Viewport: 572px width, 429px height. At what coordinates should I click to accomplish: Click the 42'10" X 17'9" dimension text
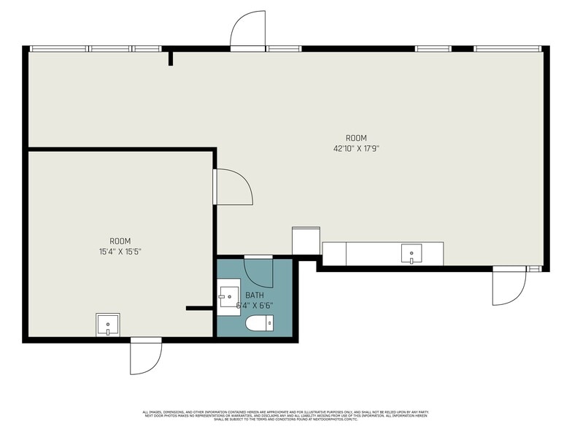[356, 148]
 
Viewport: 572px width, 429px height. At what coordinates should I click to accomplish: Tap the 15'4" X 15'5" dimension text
[120, 252]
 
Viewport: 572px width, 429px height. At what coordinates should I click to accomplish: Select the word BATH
[255, 295]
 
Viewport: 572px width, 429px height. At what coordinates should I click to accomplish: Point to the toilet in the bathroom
[260, 323]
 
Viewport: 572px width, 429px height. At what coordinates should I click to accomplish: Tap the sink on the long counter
[411, 254]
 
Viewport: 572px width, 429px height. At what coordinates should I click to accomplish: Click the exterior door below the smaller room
[145, 357]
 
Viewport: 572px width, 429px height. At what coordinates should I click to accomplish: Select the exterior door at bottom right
[508, 286]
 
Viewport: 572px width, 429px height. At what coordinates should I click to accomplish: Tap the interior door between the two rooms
[232, 187]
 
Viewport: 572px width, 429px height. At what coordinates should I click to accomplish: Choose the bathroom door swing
[258, 272]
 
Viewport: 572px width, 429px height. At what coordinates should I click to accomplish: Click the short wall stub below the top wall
[170, 58]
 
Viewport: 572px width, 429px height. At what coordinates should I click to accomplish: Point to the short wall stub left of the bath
[198, 309]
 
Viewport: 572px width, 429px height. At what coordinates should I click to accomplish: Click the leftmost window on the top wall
[58, 49]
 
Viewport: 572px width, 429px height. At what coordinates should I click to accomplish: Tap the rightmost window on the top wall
[508, 49]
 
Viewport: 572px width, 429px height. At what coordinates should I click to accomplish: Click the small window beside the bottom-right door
[536, 268]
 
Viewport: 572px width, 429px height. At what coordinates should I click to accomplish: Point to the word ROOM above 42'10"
[356, 138]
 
